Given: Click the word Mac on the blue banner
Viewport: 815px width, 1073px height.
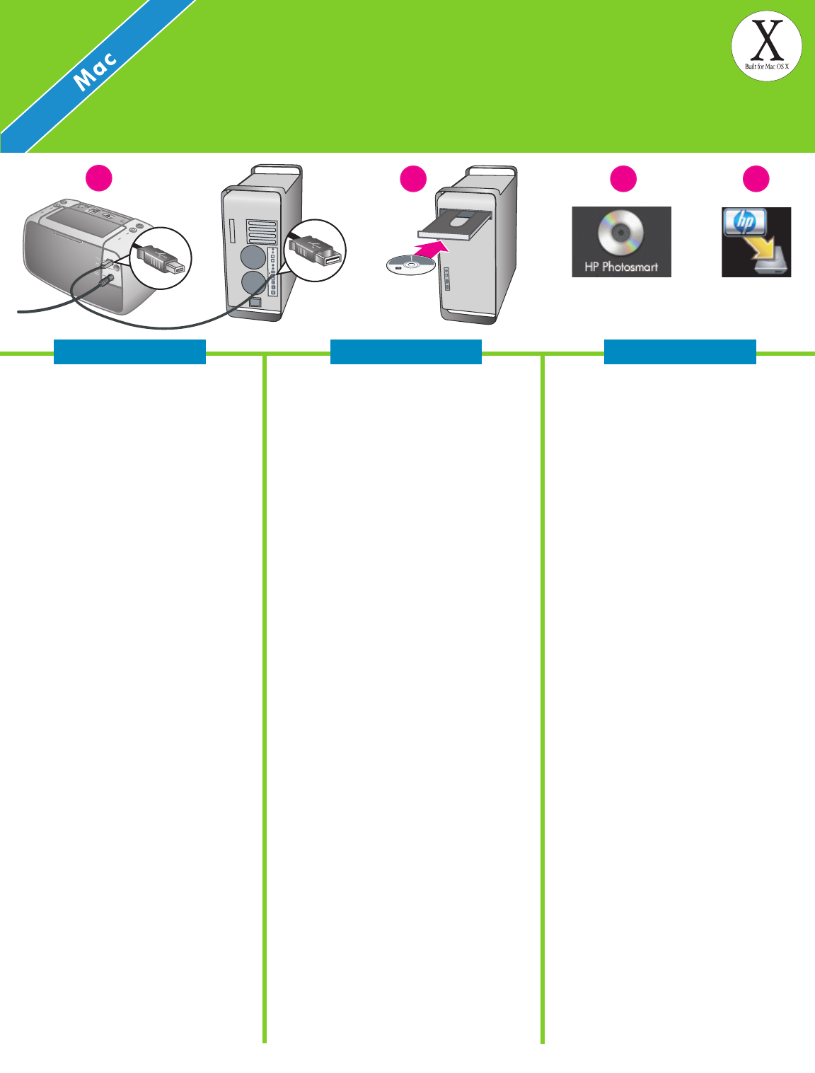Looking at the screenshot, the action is [x=96, y=71].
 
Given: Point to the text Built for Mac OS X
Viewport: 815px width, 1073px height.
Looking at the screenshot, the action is [x=766, y=66].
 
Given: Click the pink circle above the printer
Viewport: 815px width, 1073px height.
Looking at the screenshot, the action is [x=99, y=178].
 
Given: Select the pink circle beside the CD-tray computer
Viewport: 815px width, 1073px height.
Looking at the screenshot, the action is [x=413, y=179].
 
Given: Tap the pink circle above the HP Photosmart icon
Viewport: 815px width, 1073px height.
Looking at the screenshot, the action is [x=623, y=179].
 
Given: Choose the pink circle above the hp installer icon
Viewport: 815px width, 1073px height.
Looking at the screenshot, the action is [x=756, y=179].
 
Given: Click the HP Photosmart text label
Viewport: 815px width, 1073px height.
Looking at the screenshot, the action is [x=621, y=267].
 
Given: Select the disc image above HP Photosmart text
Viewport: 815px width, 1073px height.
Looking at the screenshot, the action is [x=620, y=233].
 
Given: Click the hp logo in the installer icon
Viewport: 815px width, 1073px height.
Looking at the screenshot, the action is [x=745, y=222].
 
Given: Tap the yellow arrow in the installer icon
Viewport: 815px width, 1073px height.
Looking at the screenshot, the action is [x=763, y=247].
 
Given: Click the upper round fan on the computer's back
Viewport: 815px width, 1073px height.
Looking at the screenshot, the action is [x=253, y=255].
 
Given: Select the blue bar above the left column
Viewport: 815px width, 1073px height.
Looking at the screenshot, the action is [x=129, y=352].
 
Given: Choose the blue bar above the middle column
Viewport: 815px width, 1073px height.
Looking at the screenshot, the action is [x=406, y=352].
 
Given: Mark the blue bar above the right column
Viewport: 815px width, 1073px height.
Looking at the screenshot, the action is [x=680, y=352].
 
